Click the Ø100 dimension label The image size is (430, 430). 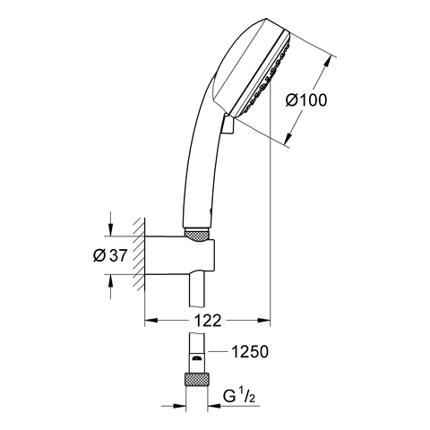pos(306,100)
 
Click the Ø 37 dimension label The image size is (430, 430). pos(110,255)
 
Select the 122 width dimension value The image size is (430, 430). pos(208,321)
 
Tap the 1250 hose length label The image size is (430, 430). pos(250,352)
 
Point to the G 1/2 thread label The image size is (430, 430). pos(239,397)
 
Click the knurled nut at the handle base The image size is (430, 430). pos(196,235)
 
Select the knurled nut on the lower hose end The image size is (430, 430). pos(196,379)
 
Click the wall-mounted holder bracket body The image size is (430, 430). pos(179,255)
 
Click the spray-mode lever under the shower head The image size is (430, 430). pos(228,125)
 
